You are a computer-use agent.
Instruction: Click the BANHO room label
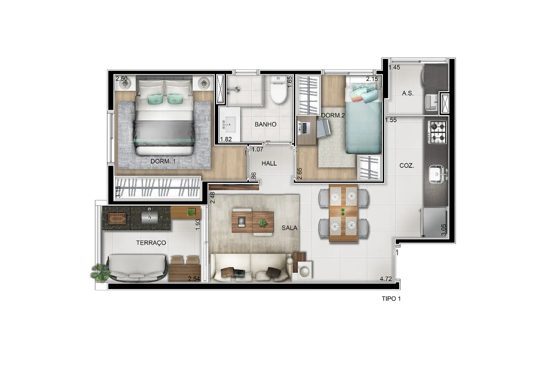[266, 124]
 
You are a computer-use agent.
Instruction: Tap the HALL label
[269, 163]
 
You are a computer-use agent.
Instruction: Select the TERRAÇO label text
[151, 243]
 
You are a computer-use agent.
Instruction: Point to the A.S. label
[408, 93]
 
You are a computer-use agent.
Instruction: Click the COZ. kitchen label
[406, 166]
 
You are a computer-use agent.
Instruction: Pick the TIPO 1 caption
[391, 299]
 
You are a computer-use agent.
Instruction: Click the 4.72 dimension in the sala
[386, 279]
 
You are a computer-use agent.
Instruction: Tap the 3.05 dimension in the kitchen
[443, 230]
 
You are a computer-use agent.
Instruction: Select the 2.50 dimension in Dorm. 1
[122, 79]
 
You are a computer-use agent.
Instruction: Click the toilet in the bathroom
[278, 90]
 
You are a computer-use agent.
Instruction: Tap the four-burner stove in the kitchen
[437, 132]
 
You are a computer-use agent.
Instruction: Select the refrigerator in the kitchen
[434, 222]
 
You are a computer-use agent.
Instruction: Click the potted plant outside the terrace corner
[100, 273]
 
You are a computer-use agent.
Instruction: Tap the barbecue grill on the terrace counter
[117, 218]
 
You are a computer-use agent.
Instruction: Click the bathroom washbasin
[229, 125]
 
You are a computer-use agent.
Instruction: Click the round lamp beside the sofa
[305, 271]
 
